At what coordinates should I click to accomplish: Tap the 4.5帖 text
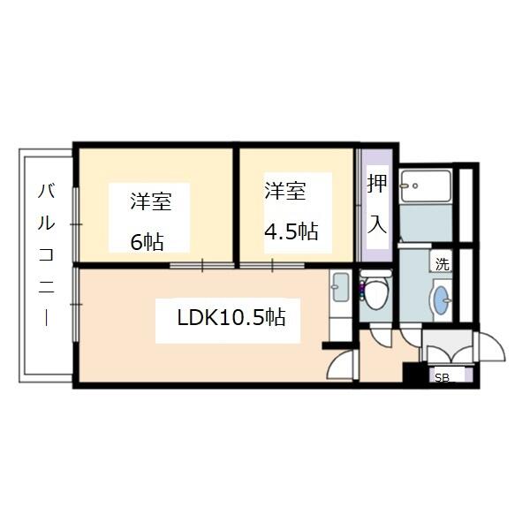coord(291,232)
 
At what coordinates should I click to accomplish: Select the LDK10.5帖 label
coord(231,316)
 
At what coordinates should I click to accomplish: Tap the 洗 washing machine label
coord(441,263)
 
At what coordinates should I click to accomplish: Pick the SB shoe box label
coord(441,377)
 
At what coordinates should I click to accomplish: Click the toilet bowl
coord(375,296)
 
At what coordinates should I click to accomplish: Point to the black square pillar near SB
coord(412,372)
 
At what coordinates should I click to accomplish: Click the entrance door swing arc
coord(491,345)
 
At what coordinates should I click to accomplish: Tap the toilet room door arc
coord(378,338)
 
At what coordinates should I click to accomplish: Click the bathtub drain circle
coord(407,185)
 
